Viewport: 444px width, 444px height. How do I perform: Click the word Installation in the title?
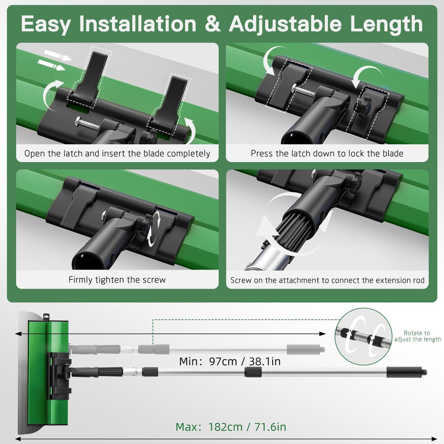click(138, 24)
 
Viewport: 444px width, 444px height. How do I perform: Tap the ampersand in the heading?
click(212, 24)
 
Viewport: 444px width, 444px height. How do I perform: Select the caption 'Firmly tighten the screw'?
click(117, 280)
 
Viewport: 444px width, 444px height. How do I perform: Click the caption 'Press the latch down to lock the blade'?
click(327, 154)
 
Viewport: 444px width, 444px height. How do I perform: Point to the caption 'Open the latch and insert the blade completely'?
click(117, 154)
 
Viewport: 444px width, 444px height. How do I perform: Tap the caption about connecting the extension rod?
click(327, 280)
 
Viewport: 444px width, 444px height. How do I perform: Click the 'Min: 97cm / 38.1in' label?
click(230, 361)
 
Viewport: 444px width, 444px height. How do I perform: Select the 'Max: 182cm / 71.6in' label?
click(231, 427)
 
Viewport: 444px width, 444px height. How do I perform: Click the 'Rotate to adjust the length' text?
click(417, 336)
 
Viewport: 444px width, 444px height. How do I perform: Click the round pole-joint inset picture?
click(363, 337)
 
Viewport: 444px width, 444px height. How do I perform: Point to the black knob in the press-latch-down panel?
click(364, 104)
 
